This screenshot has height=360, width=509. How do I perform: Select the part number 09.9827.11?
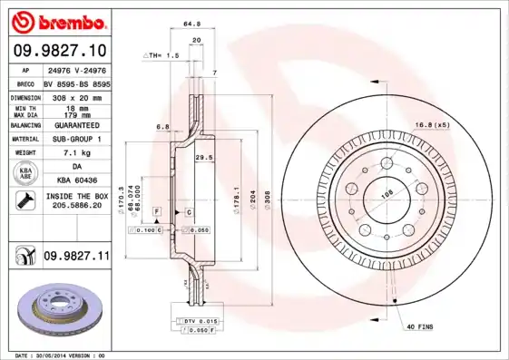click(75, 257)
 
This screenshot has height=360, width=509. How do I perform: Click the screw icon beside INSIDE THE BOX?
click(26, 200)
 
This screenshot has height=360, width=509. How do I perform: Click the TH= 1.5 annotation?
click(162, 55)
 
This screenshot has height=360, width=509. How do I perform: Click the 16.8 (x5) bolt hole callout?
click(433, 123)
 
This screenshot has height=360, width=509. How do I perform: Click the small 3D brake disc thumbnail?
click(57, 308)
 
